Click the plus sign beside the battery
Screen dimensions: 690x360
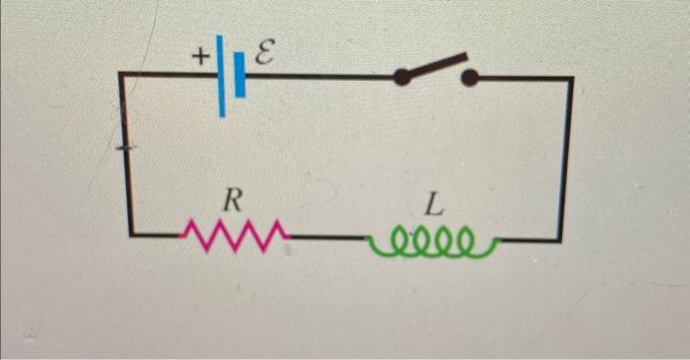pyautogui.click(x=200, y=58)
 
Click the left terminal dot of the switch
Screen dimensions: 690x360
pyautogui.click(x=400, y=77)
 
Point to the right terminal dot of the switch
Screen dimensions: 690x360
pyautogui.click(x=470, y=77)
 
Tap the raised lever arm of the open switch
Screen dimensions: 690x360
pyautogui.click(x=434, y=66)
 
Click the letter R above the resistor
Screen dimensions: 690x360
pyautogui.click(x=230, y=201)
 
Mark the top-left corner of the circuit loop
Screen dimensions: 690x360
pyautogui.click(x=122, y=74)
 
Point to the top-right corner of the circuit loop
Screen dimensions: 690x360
pyautogui.click(x=570, y=78)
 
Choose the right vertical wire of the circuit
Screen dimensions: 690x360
pyautogui.click(x=565, y=158)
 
